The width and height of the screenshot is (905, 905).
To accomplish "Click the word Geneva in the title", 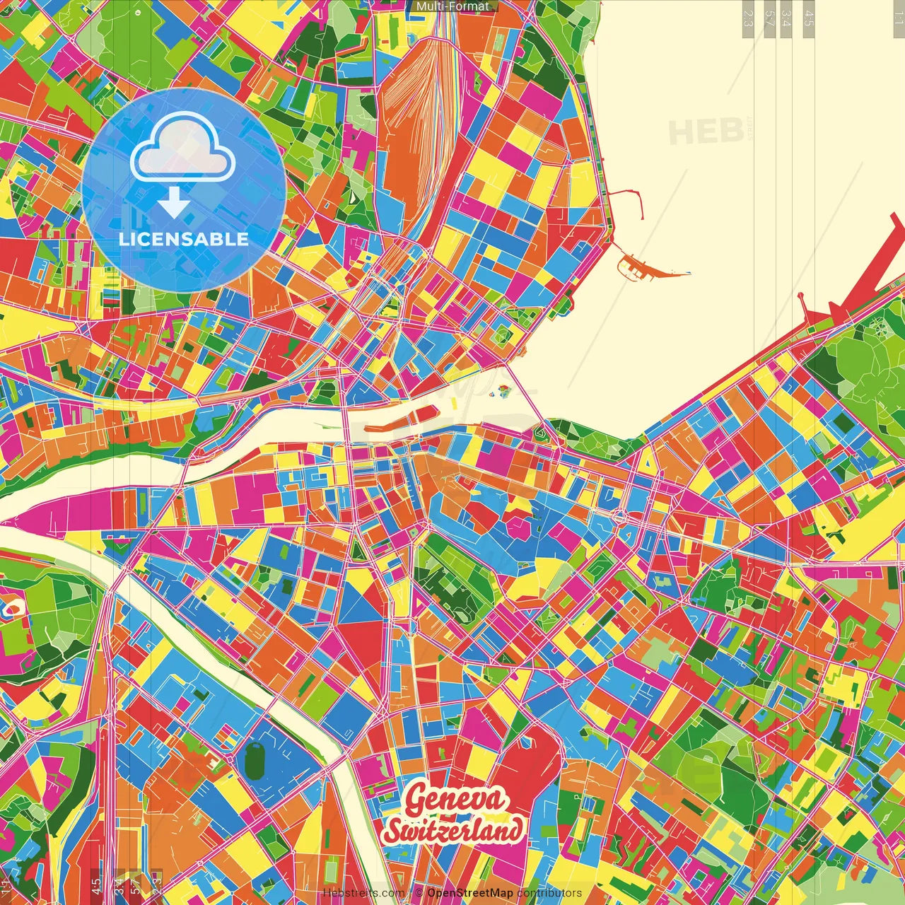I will (455, 800).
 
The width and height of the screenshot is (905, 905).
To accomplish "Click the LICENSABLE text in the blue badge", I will (184, 239).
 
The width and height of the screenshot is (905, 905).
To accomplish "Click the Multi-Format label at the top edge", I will (452, 6).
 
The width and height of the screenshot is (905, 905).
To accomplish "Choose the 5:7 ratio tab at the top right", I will (769, 18).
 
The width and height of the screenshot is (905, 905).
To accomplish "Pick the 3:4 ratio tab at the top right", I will (786, 18).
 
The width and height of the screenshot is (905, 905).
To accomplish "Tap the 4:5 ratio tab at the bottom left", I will (96, 884).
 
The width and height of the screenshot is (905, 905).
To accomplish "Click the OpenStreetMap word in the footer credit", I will (470, 893).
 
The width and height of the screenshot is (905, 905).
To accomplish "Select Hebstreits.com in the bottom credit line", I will (363, 893).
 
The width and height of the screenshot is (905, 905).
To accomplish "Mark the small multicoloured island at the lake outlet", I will (504, 390).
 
